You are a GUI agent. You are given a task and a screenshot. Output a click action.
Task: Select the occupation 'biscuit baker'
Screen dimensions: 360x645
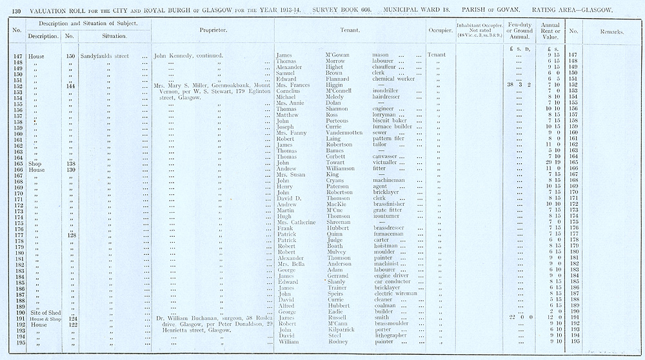390,121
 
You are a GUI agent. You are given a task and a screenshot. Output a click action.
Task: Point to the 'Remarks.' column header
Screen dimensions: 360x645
611,31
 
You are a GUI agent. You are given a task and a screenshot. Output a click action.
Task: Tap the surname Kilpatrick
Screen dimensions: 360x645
342,330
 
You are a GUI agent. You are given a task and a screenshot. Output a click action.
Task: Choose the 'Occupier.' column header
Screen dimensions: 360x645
440,31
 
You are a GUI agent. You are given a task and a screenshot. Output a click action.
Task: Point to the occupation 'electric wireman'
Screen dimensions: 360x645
395,294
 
